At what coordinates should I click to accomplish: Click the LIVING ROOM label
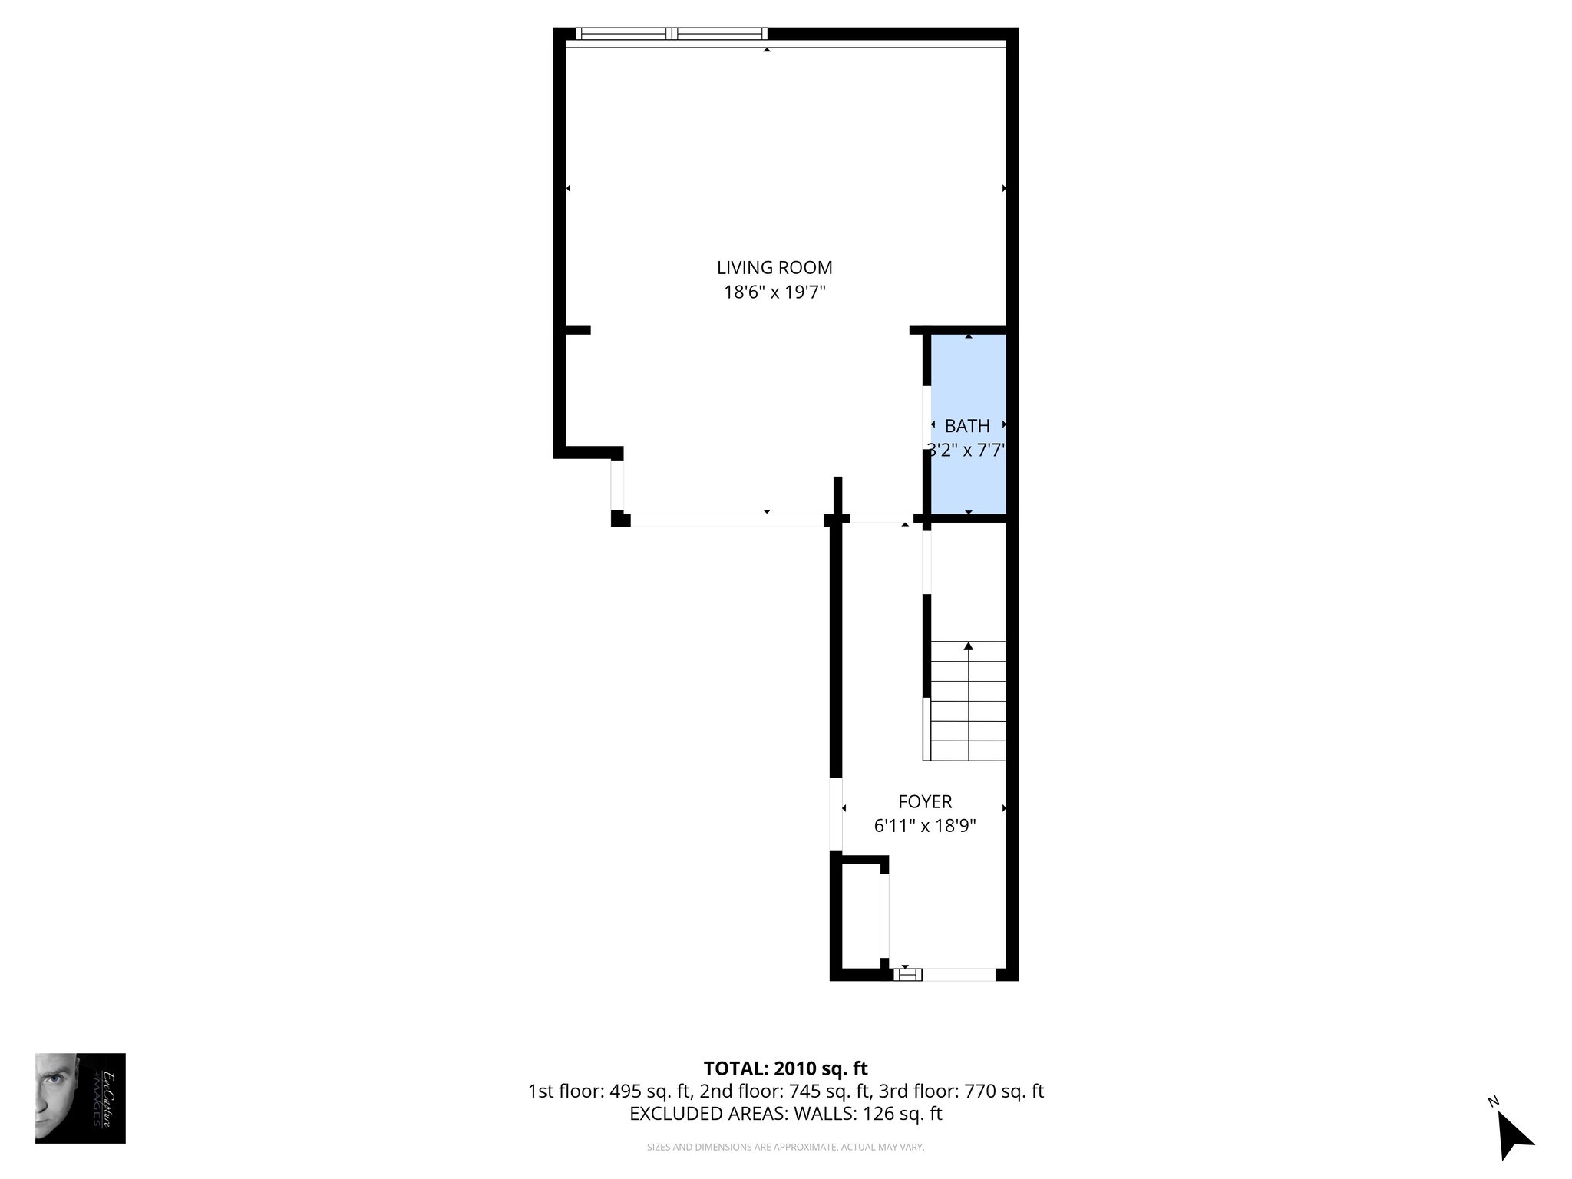(x=774, y=268)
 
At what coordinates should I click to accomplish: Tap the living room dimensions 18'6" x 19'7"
(x=774, y=292)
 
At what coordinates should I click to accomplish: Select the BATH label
(x=967, y=426)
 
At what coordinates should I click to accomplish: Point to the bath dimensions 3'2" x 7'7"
(x=967, y=450)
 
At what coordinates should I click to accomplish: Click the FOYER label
(x=925, y=801)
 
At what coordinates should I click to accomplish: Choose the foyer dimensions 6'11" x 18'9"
(x=925, y=826)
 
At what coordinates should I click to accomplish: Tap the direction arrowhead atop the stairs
(x=969, y=646)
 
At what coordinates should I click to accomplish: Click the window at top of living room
(x=672, y=34)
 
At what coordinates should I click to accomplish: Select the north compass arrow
(x=1515, y=1135)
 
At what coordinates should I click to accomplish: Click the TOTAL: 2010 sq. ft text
(x=785, y=1068)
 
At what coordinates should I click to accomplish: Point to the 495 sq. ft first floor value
(x=652, y=1091)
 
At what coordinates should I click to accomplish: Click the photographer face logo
(x=80, y=1098)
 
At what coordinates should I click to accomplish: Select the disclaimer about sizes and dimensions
(x=785, y=1147)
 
